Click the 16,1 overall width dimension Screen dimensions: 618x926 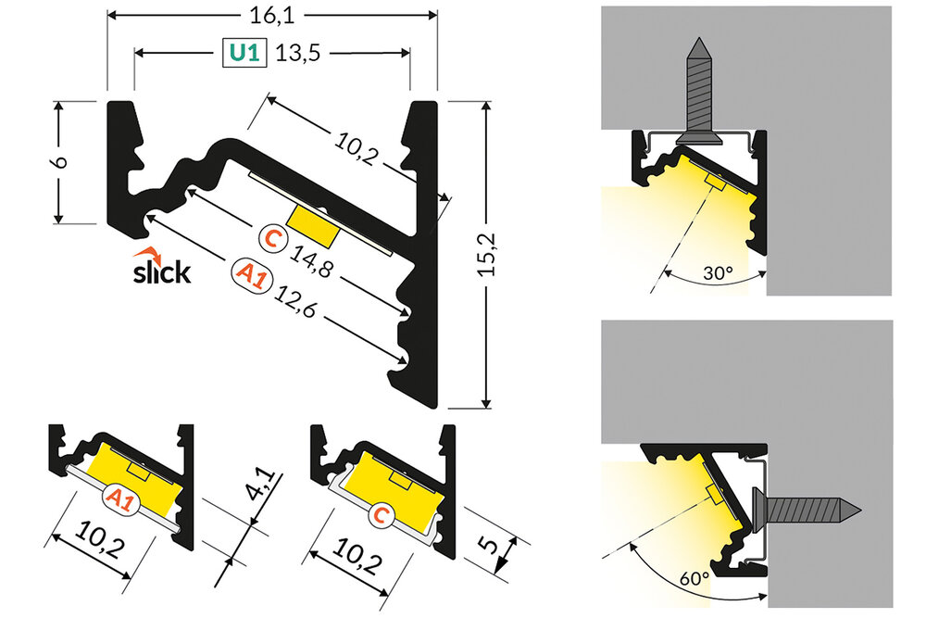[x=271, y=15]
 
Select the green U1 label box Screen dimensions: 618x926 [x=243, y=54]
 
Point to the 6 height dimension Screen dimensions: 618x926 [x=60, y=161]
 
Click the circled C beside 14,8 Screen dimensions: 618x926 [x=272, y=239]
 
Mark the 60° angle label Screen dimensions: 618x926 [x=694, y=578]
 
